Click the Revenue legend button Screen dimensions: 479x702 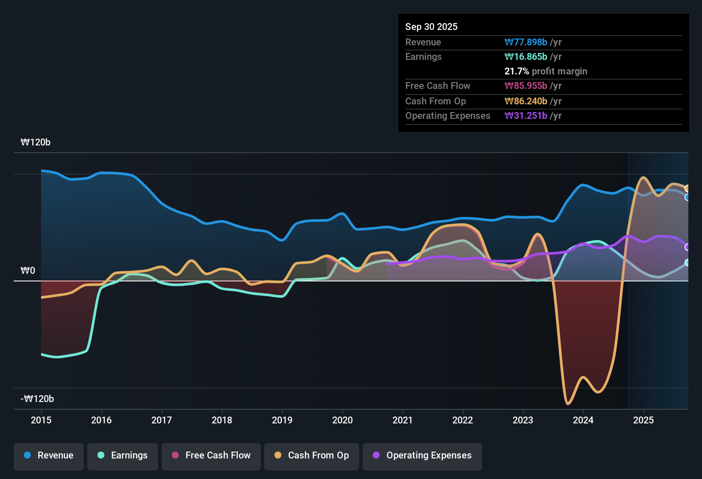pyautogui.click(x=49, y=455)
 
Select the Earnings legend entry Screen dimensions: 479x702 pyautogui.click(x=123, y=455)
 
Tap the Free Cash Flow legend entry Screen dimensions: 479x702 pyautogui.click(x=211, y=455)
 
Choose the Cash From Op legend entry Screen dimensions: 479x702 pyautogui.click(x=312, y=455)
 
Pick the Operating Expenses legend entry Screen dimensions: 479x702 pyautogui.click(x=422, y=455)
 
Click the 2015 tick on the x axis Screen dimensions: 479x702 pyautogui.click(x=41, y=420)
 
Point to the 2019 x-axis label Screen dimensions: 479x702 pyautogui.click(x=282, y=420)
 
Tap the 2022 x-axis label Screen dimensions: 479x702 pyautogui.click(x=463, y=420)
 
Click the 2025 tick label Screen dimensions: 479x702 pyautogui.click(x=643, y=420)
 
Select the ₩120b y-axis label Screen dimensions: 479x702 pyautogui.click(x=35, y=142)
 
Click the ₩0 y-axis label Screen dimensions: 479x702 pyautogui.click(x=28, y=271)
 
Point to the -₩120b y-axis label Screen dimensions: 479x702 pyautogui.click(x=37, y=399)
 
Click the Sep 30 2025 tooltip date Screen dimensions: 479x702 pyautogui.click(x=431, y=27)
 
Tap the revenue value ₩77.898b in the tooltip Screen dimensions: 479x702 pyautogui.click(x=526, y=42)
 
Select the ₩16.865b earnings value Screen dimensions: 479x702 pyautogui.click(x=526, y=56)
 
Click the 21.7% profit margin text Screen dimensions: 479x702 pyautogui.click(x=546, y=71)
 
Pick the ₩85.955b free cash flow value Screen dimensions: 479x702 pyautogui.click(x=526, y=86)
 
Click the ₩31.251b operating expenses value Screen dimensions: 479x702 pyautogui.click(x=526, y=115)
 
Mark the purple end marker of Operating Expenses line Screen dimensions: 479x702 pyautogui.click(x=687, y=247)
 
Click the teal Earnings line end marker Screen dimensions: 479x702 pyautogui.click(x=687, y=263)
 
